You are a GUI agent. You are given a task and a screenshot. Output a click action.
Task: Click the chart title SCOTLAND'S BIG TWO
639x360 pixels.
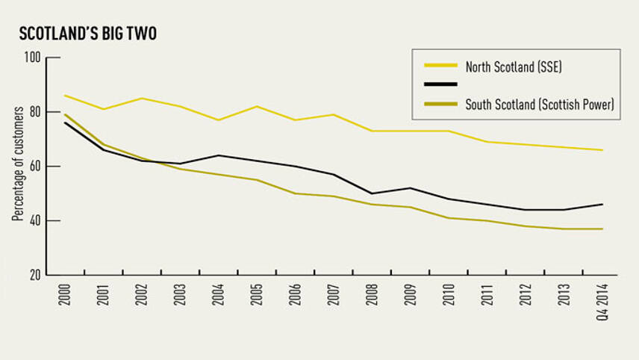click(88, 34)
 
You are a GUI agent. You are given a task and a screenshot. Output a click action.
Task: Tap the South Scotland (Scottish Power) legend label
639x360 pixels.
click(540, 105)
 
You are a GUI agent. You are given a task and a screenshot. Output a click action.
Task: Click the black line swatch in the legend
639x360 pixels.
click(440, 85)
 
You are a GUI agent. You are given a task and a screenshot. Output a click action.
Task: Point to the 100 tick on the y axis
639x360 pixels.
click(34, 58)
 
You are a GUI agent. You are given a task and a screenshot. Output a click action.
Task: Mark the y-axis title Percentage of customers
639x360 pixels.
click(16, 167)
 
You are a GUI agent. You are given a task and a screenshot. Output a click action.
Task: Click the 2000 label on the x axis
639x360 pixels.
click(65, 297)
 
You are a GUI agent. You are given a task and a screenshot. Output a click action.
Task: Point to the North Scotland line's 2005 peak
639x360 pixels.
click(257, 106)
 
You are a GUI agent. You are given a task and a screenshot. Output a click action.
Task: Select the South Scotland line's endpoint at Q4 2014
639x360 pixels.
click(602, 229)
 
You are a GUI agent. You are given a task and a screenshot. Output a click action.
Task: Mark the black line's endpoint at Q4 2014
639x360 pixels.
click(602, 204)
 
